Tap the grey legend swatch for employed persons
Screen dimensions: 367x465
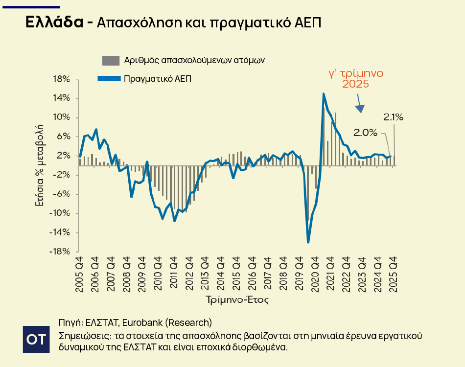tap(110, 60)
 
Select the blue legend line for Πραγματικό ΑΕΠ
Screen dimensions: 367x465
tap(109, 78)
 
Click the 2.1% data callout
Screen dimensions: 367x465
tap(393, 117)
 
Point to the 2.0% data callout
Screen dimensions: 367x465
tap(366, 132)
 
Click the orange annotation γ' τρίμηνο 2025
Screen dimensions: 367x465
tap(355, 79)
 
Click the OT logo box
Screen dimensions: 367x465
tap(36, 339)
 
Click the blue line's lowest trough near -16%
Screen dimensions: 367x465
tap(308, 242)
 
